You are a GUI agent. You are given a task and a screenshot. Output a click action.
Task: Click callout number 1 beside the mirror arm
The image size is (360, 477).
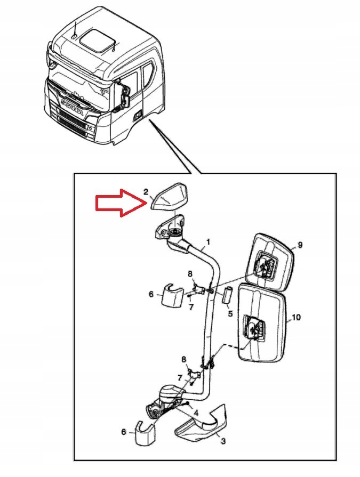click(208, 241)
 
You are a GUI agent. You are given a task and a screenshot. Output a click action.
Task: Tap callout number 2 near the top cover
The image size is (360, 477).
click(146, 192)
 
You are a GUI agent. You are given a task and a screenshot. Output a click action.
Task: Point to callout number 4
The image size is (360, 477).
click(196, 413)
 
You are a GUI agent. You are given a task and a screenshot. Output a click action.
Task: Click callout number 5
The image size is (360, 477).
click(230, 313)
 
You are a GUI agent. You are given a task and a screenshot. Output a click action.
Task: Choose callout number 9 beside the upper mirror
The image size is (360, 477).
click(300, 245)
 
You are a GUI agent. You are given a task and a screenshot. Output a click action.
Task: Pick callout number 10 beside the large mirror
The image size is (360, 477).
click(297, 318)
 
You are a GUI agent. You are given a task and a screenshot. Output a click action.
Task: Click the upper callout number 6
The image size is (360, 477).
click(151, 294)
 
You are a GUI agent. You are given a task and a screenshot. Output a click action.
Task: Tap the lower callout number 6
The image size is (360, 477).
click(124, 432)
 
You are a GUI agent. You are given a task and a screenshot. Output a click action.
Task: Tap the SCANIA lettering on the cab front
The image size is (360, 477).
click(73, 107)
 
